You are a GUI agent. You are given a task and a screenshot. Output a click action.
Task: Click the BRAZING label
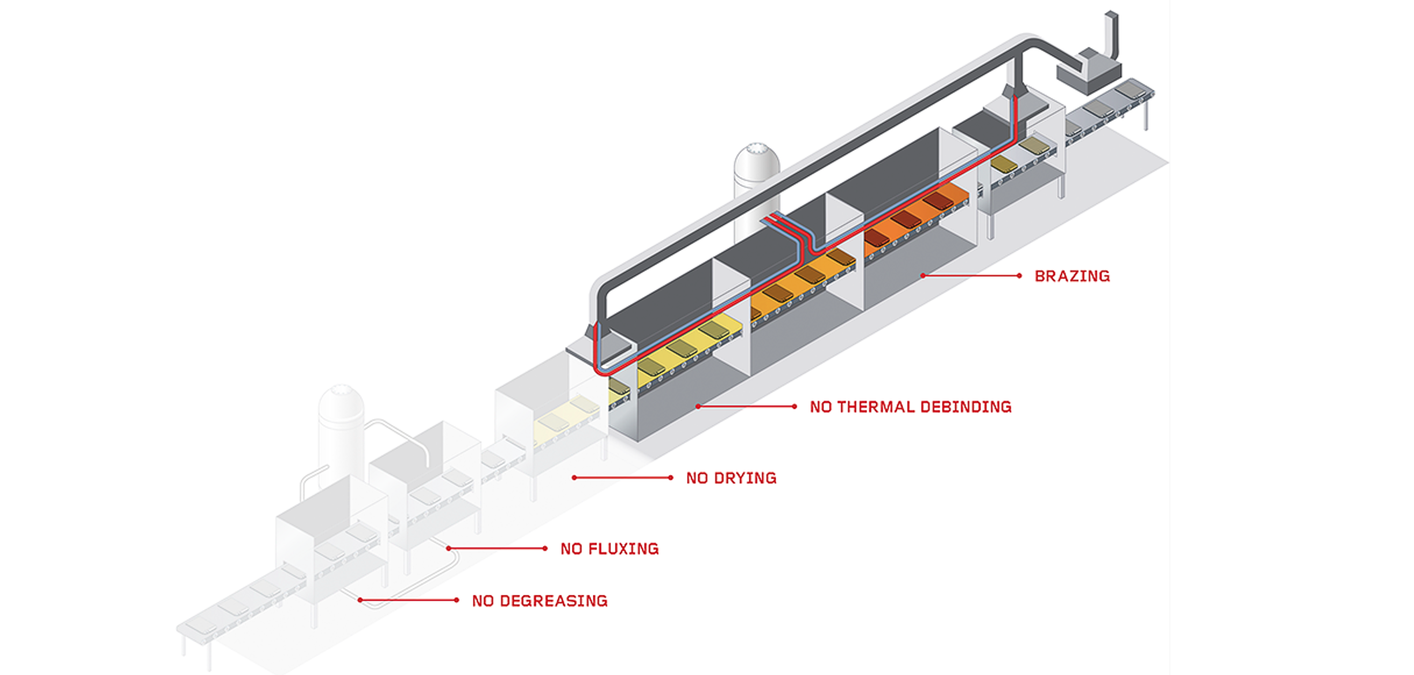pyautogui.click(x=1072, y=276)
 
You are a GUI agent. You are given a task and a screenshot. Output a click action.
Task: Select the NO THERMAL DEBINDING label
pyautogui.click(x=910, y=407)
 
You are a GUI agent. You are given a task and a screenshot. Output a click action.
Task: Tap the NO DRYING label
pyautogui.click(x=731, y=478)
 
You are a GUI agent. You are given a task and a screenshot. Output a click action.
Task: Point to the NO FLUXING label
pyautogui.click(x=609, y=549)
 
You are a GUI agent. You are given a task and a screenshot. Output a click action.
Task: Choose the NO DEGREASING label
pyautogui.click(x=539, y=601)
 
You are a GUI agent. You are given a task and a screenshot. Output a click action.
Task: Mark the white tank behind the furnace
pyautogui.click(x=755, y=173)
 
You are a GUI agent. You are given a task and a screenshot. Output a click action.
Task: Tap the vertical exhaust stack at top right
pyautogui.click(x=1111, y=35)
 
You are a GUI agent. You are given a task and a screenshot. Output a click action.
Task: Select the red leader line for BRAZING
pyautogui.click(x=971, y=276)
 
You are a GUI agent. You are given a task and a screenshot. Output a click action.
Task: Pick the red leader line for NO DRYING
pyautogui.click(x=622, y=478)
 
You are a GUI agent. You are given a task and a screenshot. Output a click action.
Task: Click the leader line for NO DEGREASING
pyautogui.click(x=408, y=601)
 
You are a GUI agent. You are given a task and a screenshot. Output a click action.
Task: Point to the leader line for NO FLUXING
pyautogui.click(x=497, y=549)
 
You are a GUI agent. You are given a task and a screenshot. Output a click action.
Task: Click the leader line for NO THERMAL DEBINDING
pyautogui.click(x=746, y=407)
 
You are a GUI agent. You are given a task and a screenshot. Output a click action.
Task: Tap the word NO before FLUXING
pyautogui.click(x=571, y=549)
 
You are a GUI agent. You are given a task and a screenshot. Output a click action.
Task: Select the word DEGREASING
pyautogui.click(x=553, y=601)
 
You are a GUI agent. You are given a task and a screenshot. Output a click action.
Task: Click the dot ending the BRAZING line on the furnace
pyautogui.click(x=923, y=276)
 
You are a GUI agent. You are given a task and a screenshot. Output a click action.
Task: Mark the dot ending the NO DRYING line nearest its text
pyautogui.click(x=670, y=478)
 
